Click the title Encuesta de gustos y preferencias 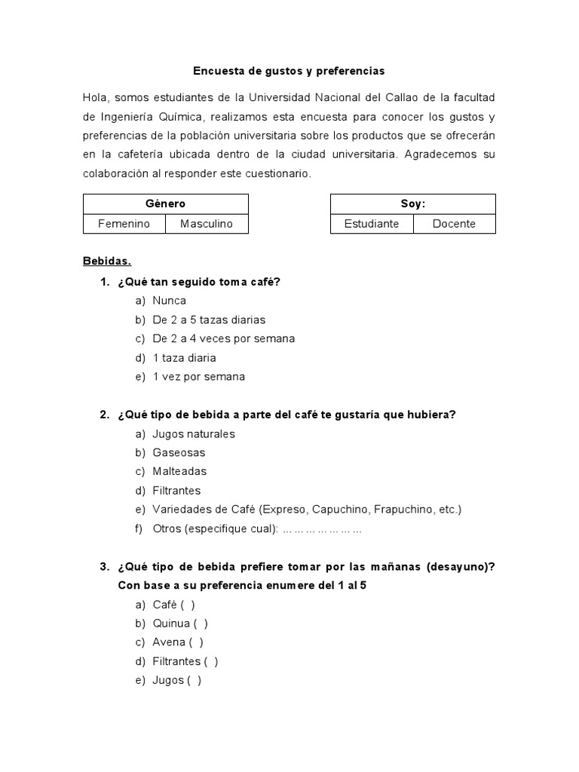point(289,71)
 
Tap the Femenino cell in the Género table point(124,224)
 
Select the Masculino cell point(207,224)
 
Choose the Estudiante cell point(372,224)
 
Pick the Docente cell point(454,224)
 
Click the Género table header point(165,204)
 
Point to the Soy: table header point(413,204)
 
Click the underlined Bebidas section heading point(107,262)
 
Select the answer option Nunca point(169,300)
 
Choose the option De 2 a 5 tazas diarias point(209,320)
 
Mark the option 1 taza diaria point(184,357)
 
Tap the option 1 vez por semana point(198,376)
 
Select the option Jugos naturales point(194,433)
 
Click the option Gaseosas point(179,452)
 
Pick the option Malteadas point(179,471)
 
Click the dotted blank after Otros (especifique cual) point(323,528)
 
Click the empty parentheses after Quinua point(201,623)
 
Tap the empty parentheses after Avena point(196,642)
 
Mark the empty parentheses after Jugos point(195,680)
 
